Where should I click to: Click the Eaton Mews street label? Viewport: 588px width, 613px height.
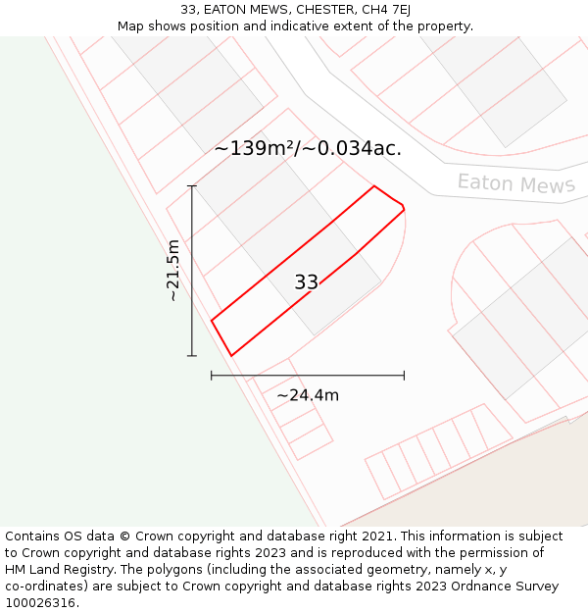pyautogui.click(x=515, y=183)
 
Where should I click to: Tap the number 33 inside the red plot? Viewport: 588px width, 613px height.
pyautogui.click(x=306, y=282)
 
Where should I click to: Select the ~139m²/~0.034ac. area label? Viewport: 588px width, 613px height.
pyautogui.click(x=308, y=149)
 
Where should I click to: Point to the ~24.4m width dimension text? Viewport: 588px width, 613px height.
pyautogui.click(x=308, y=395)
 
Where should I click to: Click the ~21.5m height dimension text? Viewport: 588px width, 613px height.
pyautogui.click(x=173, y=270)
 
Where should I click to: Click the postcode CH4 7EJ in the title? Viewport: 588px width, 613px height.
pyautogui.click(x=382, y=10)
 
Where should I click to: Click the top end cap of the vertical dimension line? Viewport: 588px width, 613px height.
pyautogui.click(x=192, y=186)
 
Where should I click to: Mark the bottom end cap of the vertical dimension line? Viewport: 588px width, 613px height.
pyautogui.click(x=192, y=355)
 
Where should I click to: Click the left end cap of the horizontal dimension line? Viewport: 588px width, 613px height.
pyautogui.click(x=212, y=375)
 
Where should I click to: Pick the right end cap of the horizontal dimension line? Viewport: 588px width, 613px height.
pyautogui.click(x=404, y=375)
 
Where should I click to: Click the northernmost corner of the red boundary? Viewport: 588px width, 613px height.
pyautogui.click(x=374, y=185)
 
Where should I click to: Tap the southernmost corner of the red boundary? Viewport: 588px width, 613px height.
pyautogui.click(x=231, y=355)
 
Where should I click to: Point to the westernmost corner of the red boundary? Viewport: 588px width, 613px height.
pyautogui.click(x=212, y=320)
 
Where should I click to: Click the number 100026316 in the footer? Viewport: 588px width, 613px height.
pyautogui.click(x=40, y=603)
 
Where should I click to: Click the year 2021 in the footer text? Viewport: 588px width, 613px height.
pyautogui.click(x=376, y=536)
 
